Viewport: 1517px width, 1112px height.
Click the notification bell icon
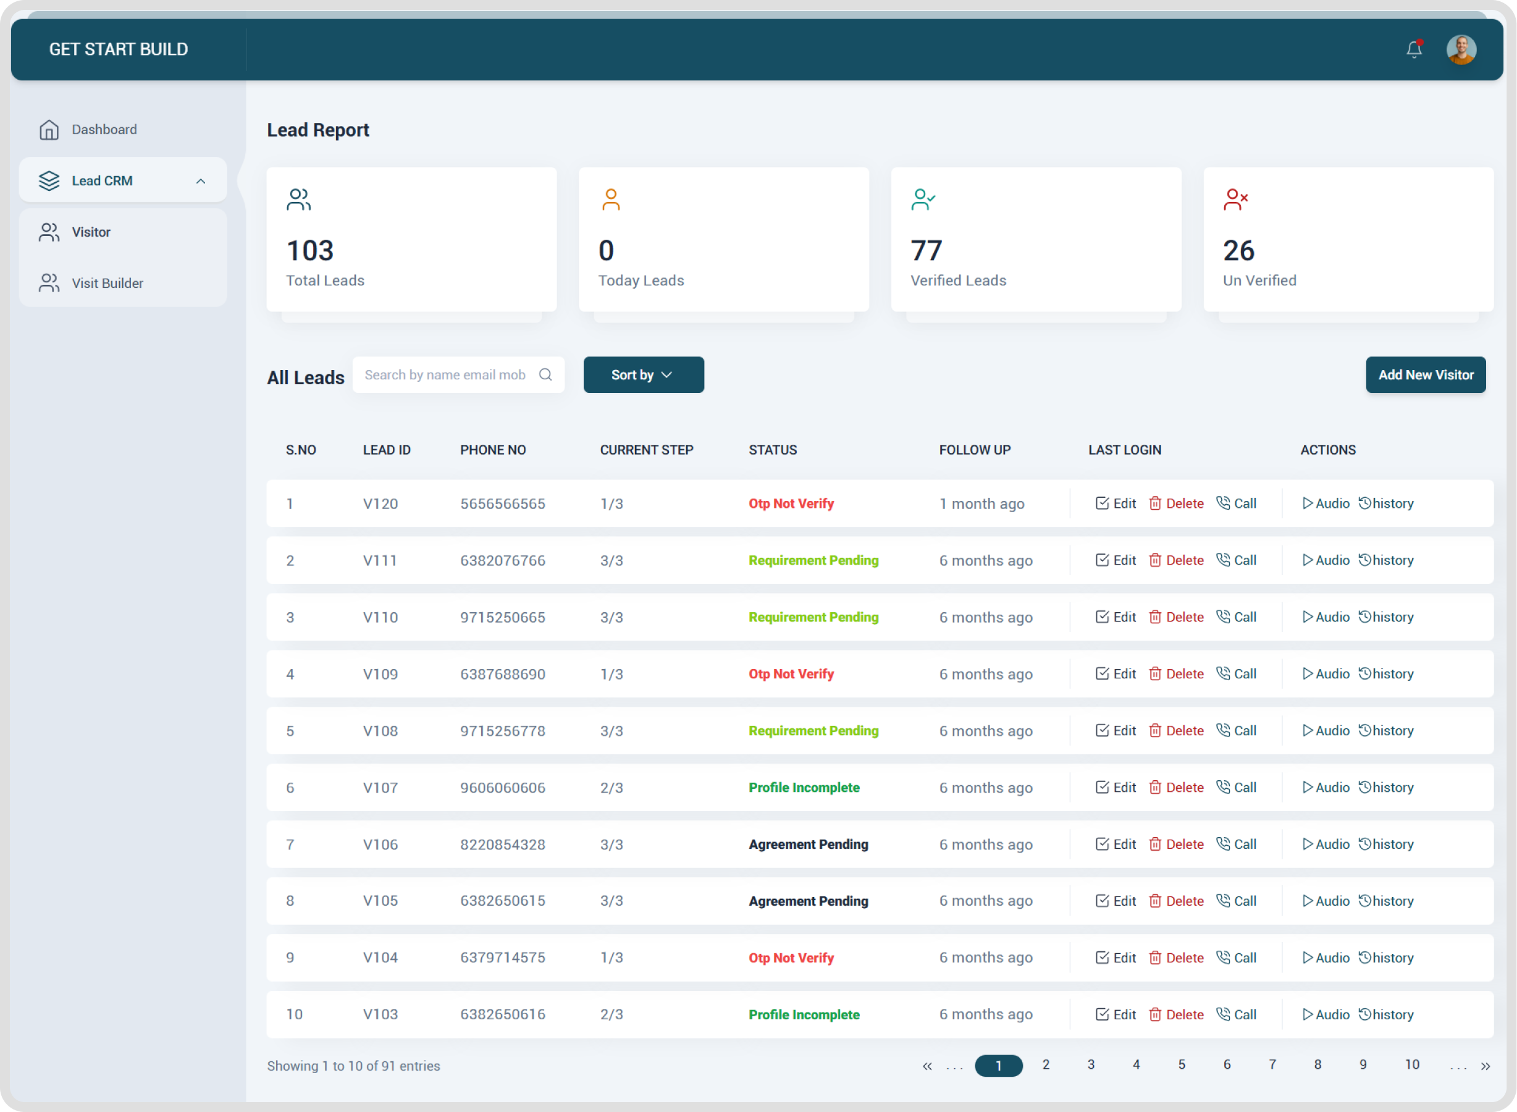pos(1413,49)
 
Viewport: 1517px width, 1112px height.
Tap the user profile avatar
pos(1461,50)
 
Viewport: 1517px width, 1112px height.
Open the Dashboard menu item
pos(104,129)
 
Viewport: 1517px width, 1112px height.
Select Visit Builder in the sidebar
pos(107,284)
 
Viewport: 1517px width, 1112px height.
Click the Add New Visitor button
pos(1426,375)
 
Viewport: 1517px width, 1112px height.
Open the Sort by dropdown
pos(643,375)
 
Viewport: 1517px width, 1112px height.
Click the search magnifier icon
pos(545,375)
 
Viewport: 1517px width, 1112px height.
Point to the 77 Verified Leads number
pos(926,251)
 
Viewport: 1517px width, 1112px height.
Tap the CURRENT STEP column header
pos(646,450)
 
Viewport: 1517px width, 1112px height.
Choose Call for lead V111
pos(1237,560)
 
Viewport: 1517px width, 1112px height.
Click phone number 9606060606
pos(503,788)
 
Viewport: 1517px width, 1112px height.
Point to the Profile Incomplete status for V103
pos(804,1014)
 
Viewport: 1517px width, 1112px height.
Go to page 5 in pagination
pos(1181,1065)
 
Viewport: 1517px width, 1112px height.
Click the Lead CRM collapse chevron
pos(201,181)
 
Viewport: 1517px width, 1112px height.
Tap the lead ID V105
pos(380,901)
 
